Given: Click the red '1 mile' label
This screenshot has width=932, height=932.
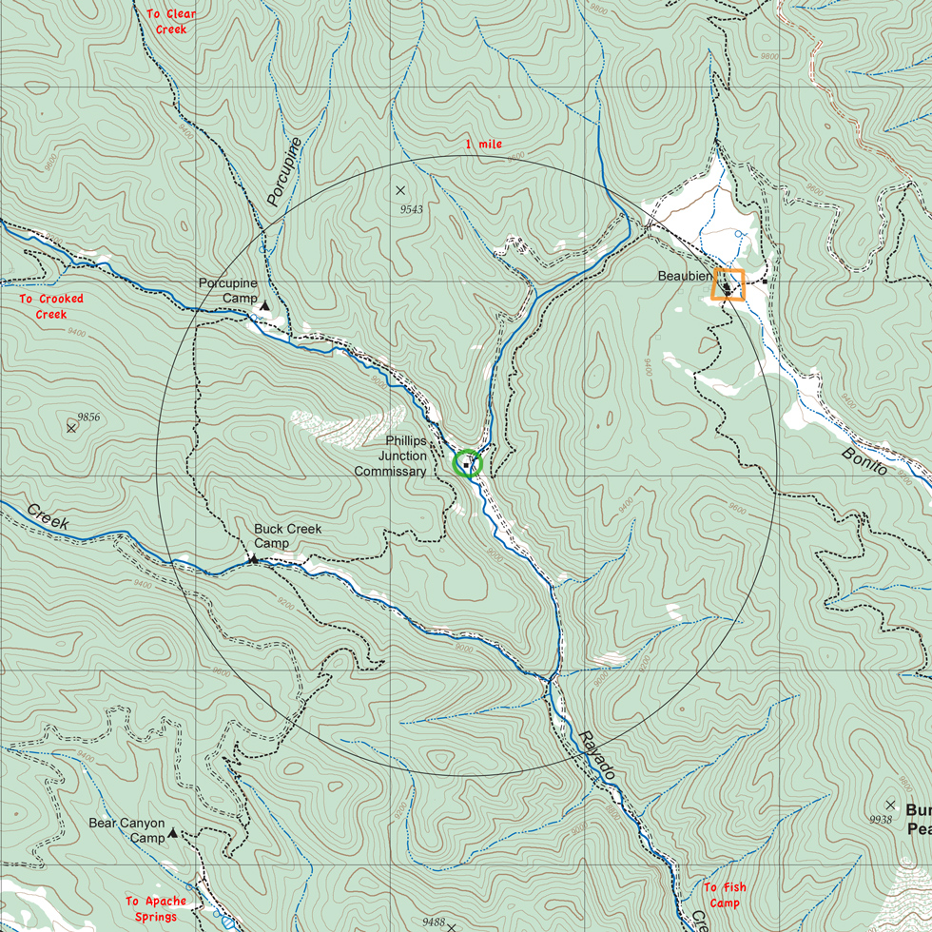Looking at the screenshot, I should pos(483,145).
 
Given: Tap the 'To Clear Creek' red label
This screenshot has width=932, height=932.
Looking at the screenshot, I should pos(171,22).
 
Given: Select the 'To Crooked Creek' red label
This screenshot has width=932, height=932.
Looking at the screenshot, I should pos(51,306).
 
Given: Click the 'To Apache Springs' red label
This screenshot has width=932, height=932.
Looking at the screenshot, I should pos(155,908).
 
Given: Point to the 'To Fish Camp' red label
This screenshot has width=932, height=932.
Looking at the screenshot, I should pos(725,895).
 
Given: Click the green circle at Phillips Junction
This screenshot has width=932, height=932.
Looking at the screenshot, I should pos(468,463).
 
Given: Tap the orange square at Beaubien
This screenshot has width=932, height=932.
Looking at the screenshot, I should pos(728,284).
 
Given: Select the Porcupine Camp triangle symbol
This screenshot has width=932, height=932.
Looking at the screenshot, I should pos(264,306).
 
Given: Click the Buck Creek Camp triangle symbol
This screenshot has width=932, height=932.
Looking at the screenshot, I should pos(254,559).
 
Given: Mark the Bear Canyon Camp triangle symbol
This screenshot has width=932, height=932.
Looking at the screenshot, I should pos(173,833).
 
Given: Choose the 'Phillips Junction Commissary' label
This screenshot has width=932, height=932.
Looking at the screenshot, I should pos(391,456).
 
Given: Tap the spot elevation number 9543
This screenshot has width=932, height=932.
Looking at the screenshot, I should pos(412,208).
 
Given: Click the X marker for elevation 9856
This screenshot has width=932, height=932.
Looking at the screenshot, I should pos(71,428).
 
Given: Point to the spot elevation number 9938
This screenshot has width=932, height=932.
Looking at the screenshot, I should pos(881,819).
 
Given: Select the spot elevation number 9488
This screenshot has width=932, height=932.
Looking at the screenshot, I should pos(434,922).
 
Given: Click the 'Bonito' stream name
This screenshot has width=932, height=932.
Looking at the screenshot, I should pos(864,460).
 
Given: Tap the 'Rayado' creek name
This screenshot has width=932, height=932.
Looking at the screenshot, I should pos(596,757).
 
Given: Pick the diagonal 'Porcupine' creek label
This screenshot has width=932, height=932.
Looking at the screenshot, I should pos(284,172).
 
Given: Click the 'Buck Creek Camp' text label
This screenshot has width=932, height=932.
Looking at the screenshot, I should pos(287,535).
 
